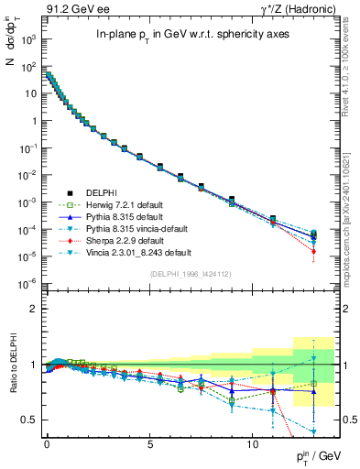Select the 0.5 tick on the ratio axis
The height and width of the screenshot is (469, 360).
pos(30,420)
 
